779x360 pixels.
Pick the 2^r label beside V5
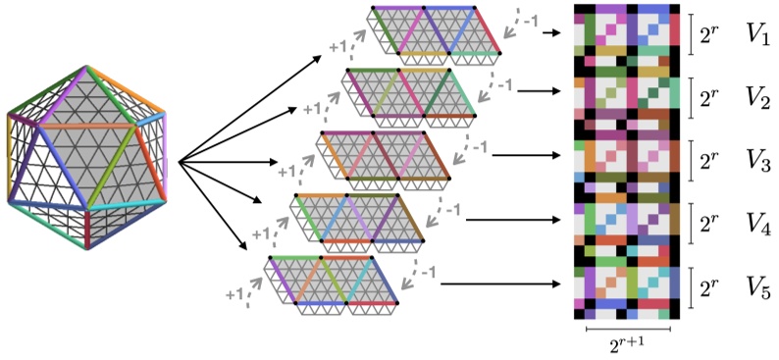(x=710, y=287)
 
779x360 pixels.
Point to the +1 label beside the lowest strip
(x=234, y=292)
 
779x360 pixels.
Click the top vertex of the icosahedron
(x=90, y=67)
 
